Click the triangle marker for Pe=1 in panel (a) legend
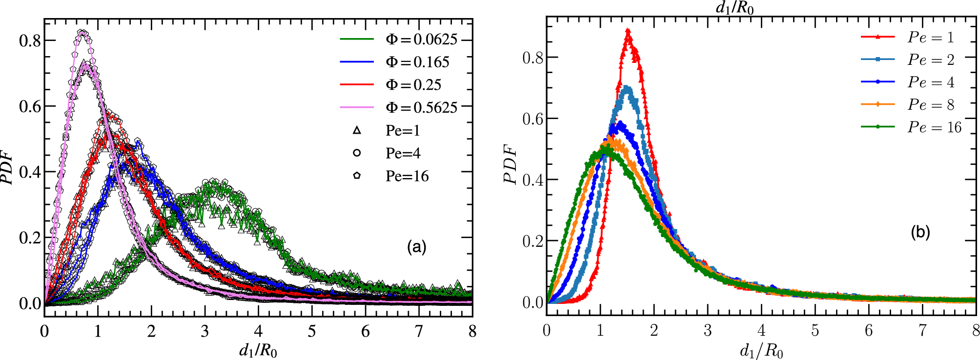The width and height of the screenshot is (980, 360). (357, 130)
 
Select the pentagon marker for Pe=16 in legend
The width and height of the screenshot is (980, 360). (357, 176)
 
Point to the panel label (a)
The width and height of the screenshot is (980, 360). (416, 247)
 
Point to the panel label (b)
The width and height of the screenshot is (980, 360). (920, 232)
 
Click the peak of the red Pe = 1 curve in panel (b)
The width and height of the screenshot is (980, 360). (628, 31)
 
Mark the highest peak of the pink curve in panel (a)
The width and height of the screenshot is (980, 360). (83, 32)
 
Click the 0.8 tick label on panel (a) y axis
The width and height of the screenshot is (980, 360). (30, 40)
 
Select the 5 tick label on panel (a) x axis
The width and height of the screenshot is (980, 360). (311, 332)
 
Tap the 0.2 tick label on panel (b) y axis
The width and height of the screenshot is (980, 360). (532, 241)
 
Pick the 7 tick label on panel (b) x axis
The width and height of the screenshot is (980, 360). (922, 331)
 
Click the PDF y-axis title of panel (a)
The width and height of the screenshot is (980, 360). (7, 168)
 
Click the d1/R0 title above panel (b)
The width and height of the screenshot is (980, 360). (734, 7)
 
